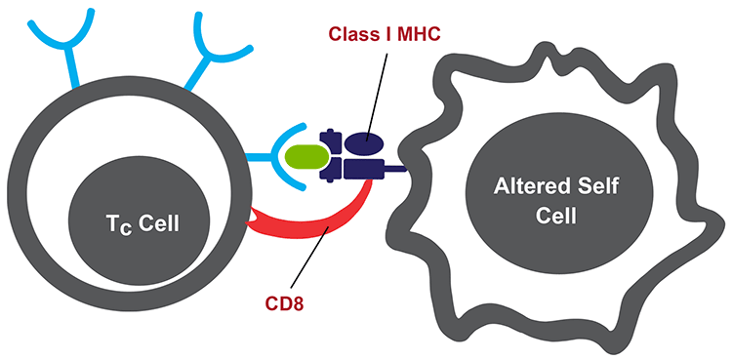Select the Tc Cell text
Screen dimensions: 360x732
click(146, 224)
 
